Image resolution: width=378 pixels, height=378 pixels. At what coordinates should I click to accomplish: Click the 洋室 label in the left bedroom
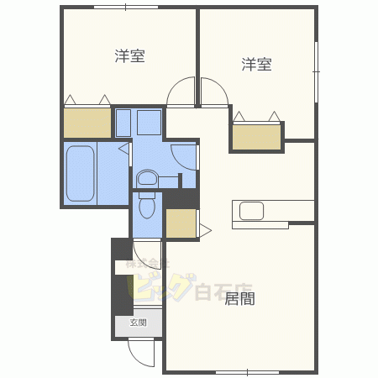pos(130,57)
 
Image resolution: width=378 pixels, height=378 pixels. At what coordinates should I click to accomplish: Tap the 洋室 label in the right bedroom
pos(257,64)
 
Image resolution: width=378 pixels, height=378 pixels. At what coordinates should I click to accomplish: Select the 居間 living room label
pos(239,298)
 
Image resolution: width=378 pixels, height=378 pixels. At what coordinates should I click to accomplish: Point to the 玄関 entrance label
pos(138,323)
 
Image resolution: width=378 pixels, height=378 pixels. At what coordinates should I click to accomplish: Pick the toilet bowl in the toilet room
pos(148,205)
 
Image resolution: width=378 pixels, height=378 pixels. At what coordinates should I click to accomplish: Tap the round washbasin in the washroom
pos(147,178)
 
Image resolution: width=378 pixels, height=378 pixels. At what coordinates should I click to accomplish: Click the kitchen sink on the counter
pos(251,209)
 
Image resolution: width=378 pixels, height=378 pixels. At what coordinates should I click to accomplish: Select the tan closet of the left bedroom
pos(87,123)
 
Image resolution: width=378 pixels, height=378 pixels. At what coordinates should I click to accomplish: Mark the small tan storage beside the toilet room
pos(180,223)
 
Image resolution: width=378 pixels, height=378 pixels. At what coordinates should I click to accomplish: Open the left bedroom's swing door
pos(180,92)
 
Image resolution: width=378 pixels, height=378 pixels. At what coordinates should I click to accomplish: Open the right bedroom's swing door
pos(213,92)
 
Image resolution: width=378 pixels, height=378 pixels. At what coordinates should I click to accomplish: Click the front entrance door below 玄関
pos(141,353)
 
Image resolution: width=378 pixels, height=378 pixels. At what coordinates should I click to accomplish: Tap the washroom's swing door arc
pos(185,156)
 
